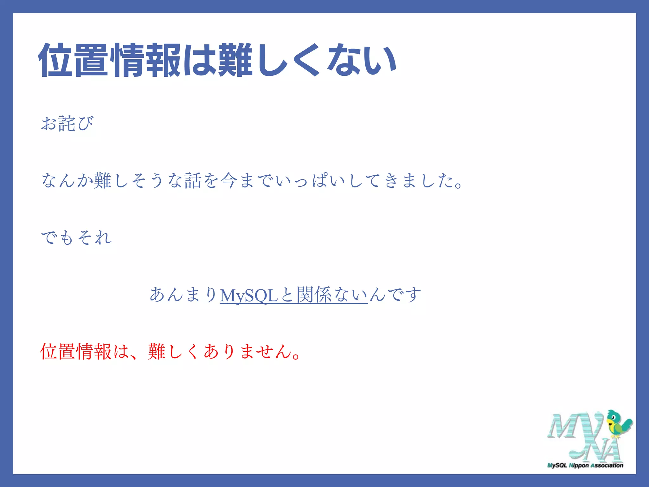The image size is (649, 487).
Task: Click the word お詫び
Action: pos(67,123)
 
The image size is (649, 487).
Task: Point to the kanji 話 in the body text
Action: pos(193,181)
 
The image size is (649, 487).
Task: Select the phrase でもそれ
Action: pos(76,238)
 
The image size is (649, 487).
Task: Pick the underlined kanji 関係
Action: pos(314,295)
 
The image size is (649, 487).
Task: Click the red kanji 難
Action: pos(157,352)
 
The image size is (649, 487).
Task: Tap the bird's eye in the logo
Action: pos(614,416)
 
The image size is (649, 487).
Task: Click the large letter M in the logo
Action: pos(562,426)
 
